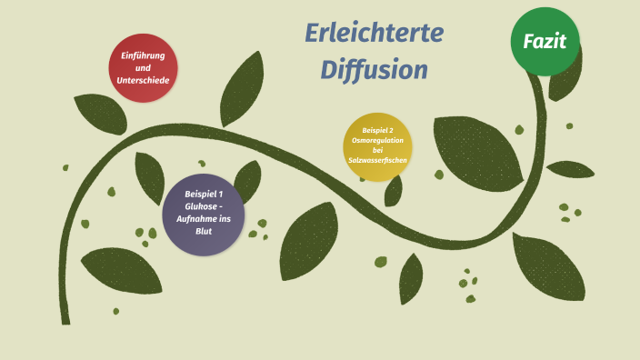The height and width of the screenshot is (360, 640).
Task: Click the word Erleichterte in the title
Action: [375, 35]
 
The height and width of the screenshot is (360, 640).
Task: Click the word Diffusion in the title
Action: [374, 70]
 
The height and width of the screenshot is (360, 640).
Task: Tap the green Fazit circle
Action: [545, 41]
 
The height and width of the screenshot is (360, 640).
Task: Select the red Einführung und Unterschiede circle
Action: [143, 68]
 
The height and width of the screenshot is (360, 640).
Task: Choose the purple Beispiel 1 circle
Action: [203, 214]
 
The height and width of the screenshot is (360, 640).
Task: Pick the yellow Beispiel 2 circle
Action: [377, 146]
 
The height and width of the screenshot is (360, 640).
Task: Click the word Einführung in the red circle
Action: [143, 56]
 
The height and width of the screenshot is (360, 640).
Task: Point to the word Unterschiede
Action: [143, 80]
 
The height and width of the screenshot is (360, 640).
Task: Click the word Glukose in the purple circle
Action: [201, 206]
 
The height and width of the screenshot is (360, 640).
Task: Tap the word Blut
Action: [204, 231]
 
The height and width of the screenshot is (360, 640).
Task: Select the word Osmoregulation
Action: [377, 140]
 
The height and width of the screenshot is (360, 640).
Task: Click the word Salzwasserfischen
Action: [377, 160]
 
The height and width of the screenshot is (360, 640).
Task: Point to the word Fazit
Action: [545, 41]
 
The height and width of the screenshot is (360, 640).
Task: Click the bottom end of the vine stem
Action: [65, 319]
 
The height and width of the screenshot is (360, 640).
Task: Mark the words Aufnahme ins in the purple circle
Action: [204, 218]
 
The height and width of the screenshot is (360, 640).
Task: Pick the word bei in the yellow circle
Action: [377, 150]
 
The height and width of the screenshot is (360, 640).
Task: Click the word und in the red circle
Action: [143, 68]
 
